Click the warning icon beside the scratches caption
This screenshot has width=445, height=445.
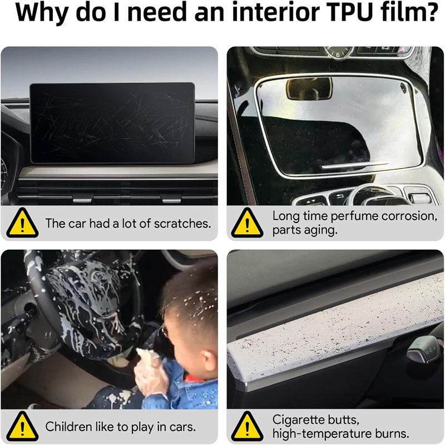pyautogui.click(x=22, y=224)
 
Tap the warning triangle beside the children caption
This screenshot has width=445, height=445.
pyautogui.click(x=22, y=427)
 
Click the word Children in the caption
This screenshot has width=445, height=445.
pyautogui.click(x=68, y=427)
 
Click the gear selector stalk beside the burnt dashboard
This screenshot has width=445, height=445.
pyautogui.click(x=426, y=348)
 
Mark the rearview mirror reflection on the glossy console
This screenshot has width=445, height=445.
pyautogui.click(x=309, y=88)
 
